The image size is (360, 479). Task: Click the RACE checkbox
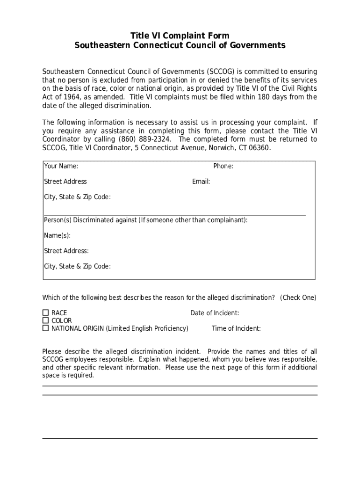(x=45, y=312)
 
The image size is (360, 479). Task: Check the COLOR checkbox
(x=45, y=320)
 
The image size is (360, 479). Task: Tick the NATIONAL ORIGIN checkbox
(x=45, y=328)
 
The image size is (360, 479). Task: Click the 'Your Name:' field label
(x=61, y=166)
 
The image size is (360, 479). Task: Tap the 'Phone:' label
(x=223, y=166)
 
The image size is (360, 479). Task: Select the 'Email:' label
(x=201, y=181)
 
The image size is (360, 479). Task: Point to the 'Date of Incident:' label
(x=215, y=313)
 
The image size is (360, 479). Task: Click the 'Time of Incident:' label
(x=236, y=328)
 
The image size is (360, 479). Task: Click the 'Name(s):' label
(x=57, y=235)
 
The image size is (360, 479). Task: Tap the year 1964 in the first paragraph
(x=68, y=97)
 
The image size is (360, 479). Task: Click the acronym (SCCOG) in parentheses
(x=220, y=72)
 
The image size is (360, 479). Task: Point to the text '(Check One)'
(x=298, y=298)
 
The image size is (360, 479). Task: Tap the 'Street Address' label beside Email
(x=65, y=181)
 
